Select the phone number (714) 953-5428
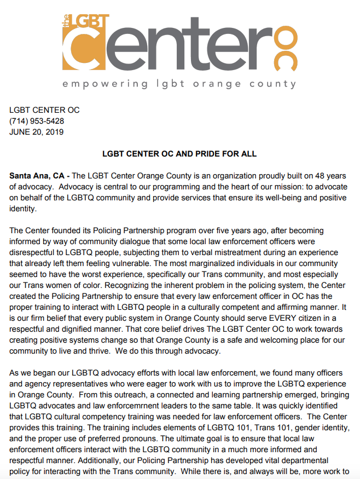(37, 121)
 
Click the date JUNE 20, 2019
(37, 132)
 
